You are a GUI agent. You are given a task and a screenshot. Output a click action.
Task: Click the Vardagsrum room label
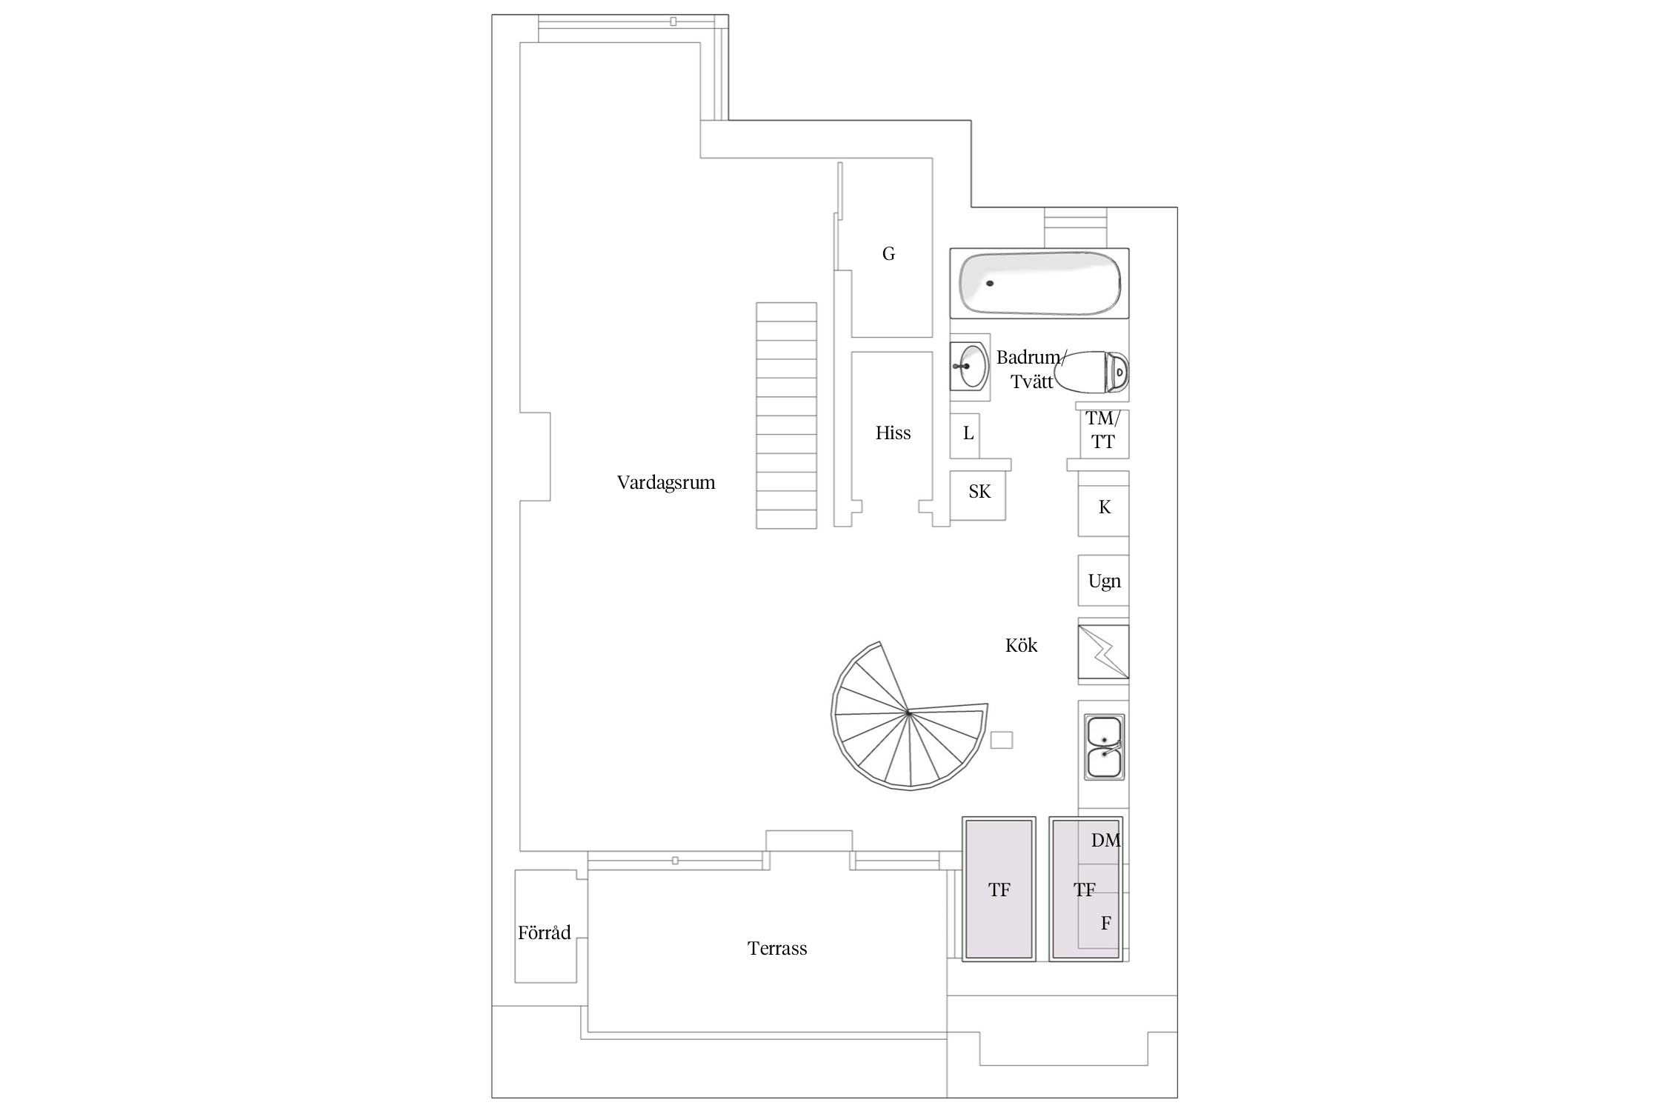(666, 483)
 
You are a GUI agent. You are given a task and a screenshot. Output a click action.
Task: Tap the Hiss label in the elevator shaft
(893, 433)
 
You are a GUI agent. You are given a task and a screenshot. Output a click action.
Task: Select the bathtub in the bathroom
(1039, 284)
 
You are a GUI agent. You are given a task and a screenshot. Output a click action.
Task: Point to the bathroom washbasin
(969, 366)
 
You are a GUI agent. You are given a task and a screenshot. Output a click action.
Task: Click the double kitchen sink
(1105, 747)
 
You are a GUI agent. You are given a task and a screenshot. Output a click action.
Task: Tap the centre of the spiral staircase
(908, 713)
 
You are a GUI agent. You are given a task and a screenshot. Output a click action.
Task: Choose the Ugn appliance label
(1104, 581)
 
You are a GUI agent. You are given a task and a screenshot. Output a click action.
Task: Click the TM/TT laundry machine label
(1103, 430)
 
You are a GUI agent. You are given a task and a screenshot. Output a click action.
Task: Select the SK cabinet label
(979, 492)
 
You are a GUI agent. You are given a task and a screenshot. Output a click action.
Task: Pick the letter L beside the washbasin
(968, 433)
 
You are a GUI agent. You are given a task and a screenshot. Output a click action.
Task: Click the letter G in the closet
(888, 254)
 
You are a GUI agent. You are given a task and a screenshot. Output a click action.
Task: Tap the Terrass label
(777, 949)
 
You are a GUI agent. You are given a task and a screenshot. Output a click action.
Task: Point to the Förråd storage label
(545, 932)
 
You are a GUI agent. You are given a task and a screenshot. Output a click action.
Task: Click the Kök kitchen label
(1021, 645)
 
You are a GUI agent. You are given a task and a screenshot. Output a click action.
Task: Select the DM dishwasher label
(1106, 841)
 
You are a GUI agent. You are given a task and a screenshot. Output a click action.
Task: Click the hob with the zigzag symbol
(1104, 652)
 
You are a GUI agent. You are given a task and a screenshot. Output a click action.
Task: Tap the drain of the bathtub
(989, 284)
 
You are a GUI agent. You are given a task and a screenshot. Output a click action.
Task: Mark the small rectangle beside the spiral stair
(1002, 740)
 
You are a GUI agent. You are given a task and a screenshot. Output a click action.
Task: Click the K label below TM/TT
(1105, 507)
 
